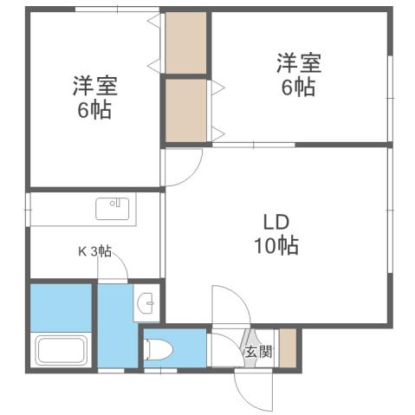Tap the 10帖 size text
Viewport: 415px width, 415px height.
(276, 246)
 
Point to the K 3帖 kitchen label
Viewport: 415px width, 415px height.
(95, 251)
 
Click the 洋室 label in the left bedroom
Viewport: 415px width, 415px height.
(94, 86)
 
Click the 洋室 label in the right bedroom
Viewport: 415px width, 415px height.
(299, 62)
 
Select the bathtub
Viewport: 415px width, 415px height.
(61, 351)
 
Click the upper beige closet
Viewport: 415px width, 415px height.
(186, 42)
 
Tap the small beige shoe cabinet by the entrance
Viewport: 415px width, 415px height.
(287, 347)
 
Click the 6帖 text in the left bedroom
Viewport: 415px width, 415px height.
(94, 110)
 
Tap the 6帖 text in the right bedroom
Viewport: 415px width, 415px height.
(299, 87)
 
